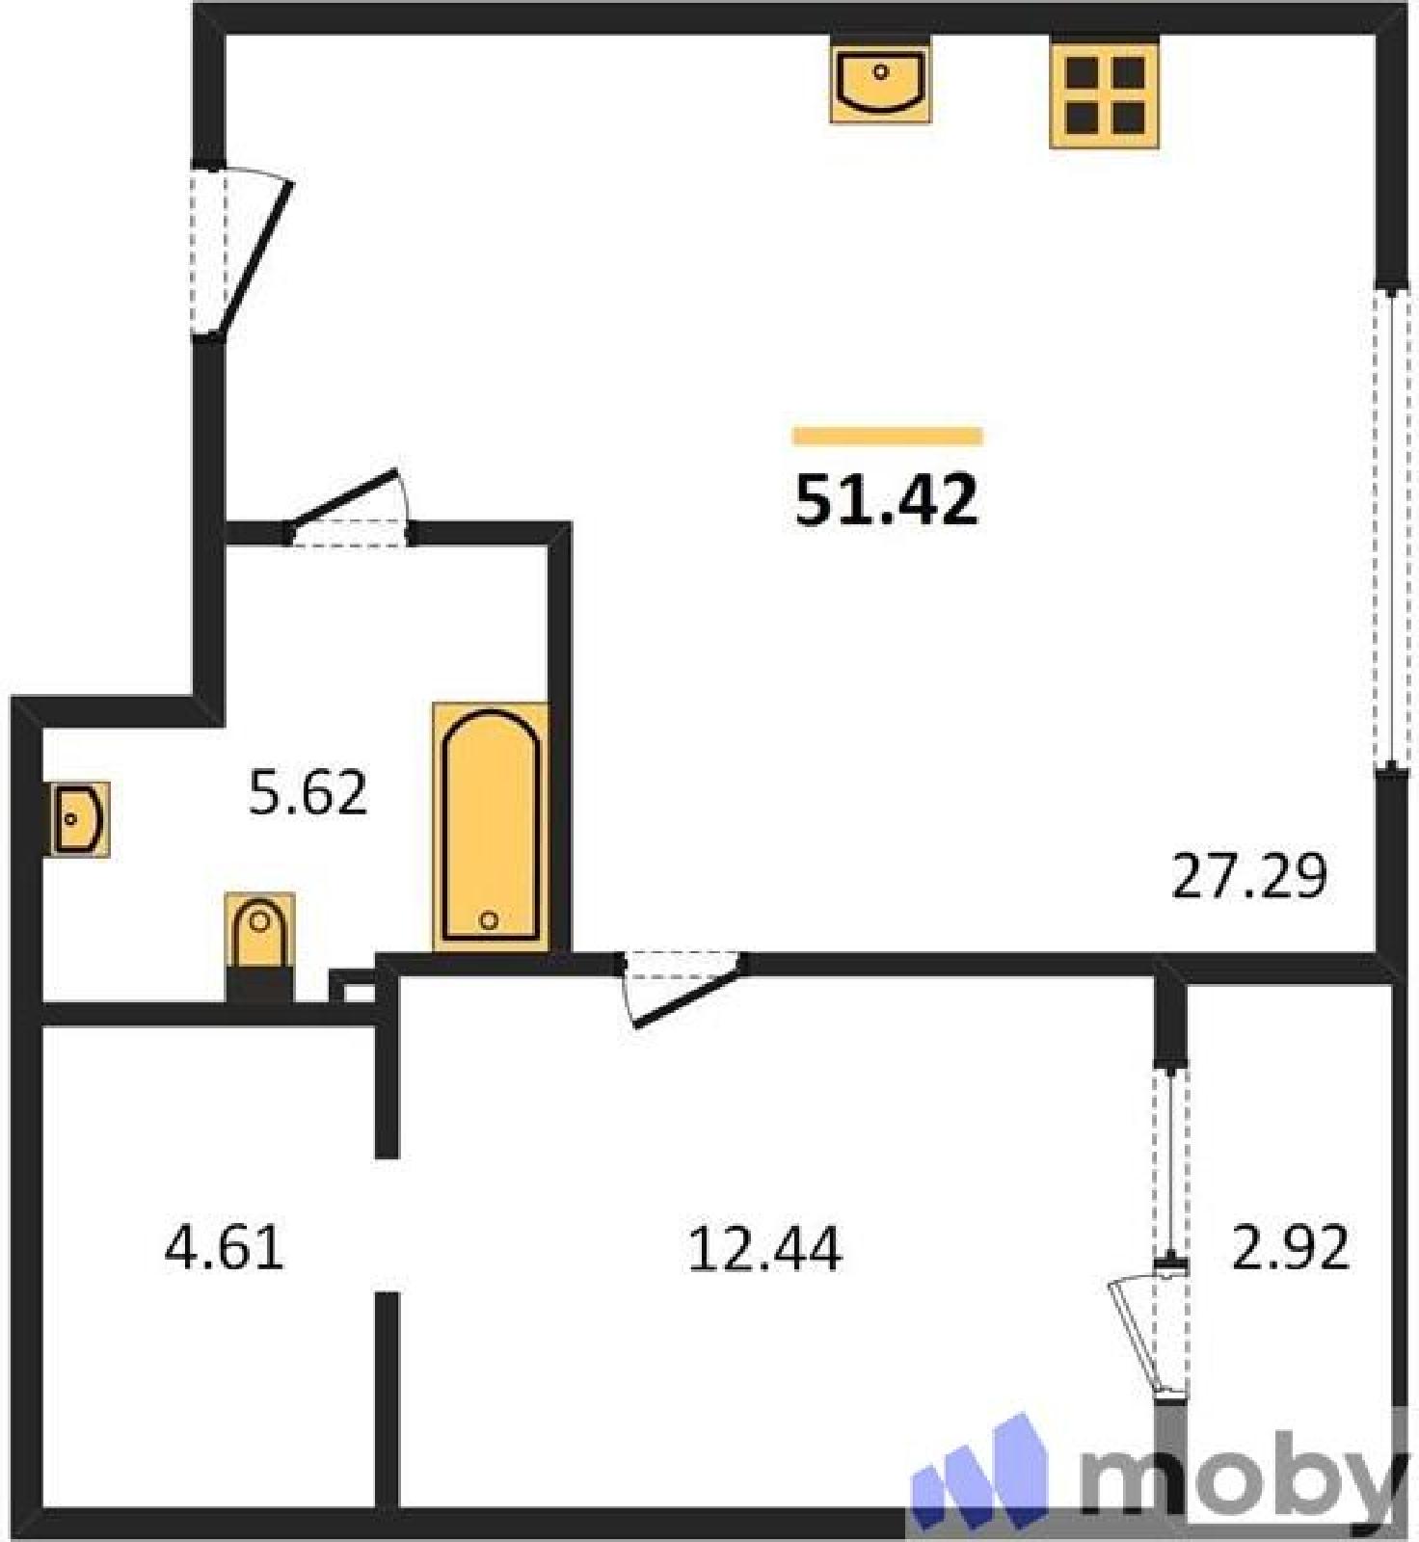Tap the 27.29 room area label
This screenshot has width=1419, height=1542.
[x=1249, y=876]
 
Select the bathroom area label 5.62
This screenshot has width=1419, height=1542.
[x=308, y=793]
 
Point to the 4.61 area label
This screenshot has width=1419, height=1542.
[x=225, y=1248]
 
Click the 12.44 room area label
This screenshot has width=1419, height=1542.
[x=764, y=1248]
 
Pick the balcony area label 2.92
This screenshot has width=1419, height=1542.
[x=1291, y=1248]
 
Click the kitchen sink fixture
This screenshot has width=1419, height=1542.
[x=880, y=82]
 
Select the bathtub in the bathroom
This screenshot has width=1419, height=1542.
[x=491, y=827]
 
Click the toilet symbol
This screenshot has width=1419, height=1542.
[x=259, y=946]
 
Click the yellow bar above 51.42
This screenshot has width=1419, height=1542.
[x=888, y=437]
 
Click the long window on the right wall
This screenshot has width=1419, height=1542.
[x=1390, y=530]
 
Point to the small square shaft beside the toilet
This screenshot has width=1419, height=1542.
[x=354, y=987]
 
